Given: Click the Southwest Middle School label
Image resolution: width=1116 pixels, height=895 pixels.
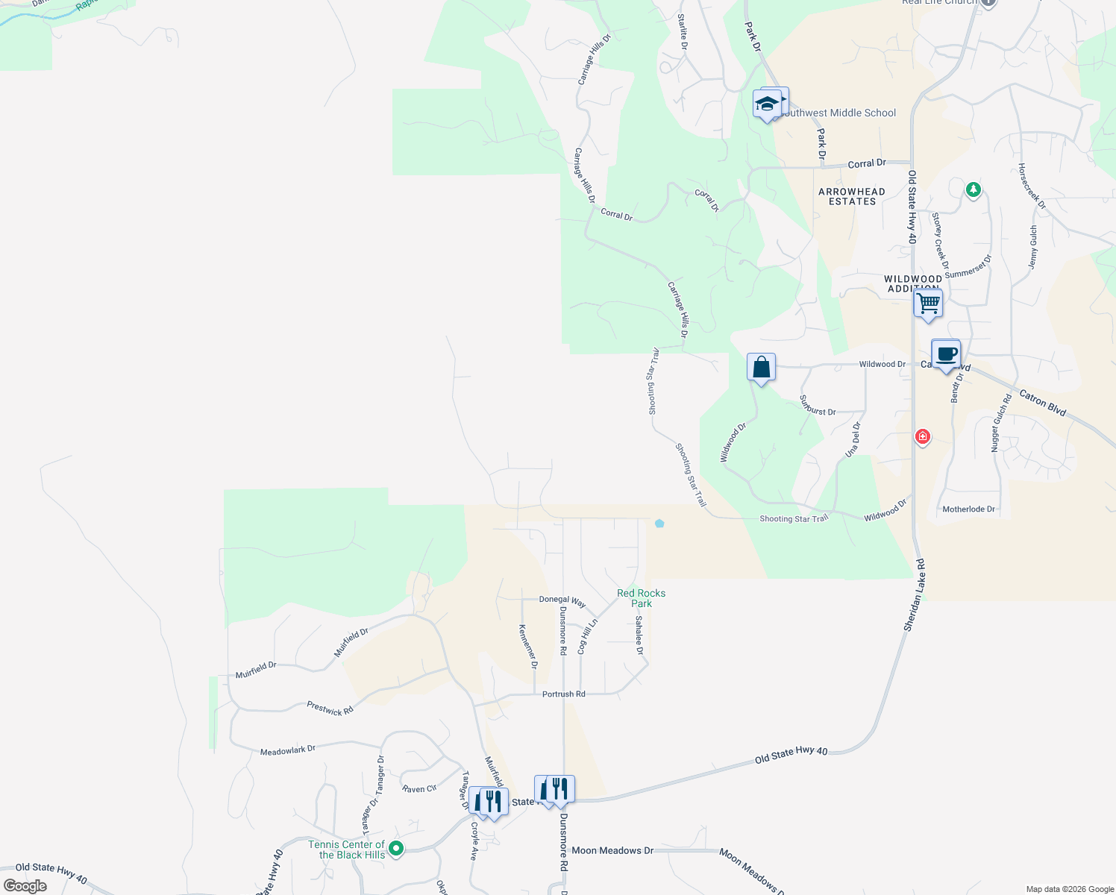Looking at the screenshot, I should click(839, 113).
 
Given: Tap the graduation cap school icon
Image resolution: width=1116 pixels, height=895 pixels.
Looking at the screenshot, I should click(767, 104).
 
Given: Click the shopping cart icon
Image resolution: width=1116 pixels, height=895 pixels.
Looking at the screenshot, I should click(928, 304).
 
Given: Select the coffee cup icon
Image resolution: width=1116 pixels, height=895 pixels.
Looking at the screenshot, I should click(946, 354).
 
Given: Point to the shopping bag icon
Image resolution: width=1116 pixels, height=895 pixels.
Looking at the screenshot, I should click(761, 368).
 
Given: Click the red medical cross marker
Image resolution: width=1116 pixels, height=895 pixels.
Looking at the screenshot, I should click(923, 436).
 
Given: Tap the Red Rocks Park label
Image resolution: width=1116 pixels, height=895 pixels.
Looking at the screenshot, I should click(641, 598).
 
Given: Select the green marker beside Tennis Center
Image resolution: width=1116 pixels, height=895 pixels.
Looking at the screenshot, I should click(397, 848).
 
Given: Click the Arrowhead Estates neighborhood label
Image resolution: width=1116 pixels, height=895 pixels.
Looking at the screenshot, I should click(852, 197).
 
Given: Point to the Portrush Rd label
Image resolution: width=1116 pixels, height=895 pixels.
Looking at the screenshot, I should click(563, 694).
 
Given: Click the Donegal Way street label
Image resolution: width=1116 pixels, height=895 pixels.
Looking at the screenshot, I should click(562, 600).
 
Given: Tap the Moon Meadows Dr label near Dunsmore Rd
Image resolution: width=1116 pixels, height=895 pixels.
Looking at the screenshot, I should click(612, 850).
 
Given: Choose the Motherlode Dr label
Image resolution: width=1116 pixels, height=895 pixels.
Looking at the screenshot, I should click(968, 509).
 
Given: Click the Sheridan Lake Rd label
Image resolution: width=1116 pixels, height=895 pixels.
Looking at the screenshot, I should click(915, 595).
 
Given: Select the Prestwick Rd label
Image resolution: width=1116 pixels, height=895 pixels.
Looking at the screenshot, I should click(330, 709).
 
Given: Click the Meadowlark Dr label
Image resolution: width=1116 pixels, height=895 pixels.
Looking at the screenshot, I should click(287, 750).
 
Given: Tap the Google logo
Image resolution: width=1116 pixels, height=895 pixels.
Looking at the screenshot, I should click(25, 886).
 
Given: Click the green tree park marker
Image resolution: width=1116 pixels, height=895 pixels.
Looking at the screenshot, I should click(973, 190).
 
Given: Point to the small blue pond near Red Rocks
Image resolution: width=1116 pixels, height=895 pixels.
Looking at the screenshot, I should click(659, 524).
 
